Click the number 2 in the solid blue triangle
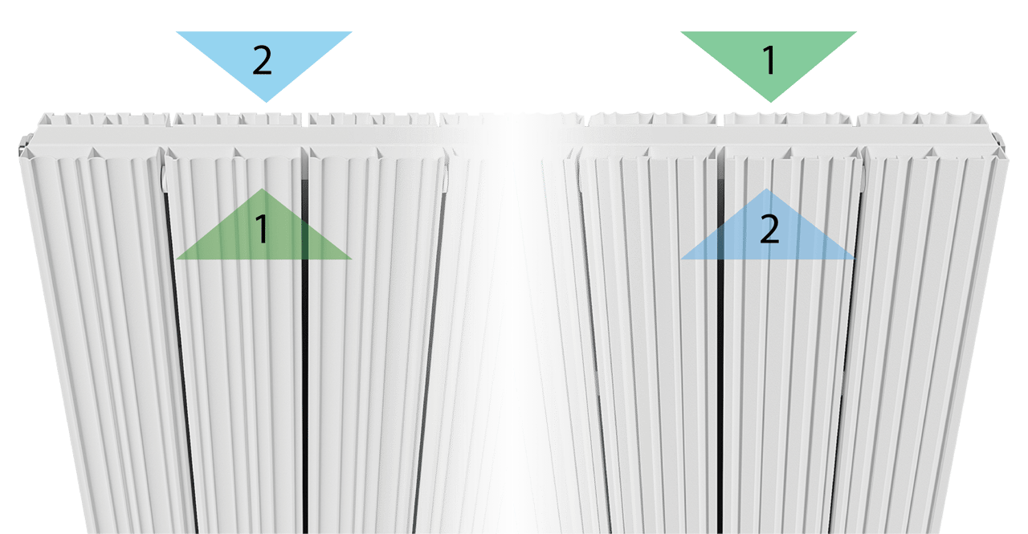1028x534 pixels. [263, 61]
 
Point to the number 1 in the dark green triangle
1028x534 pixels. [769, 61]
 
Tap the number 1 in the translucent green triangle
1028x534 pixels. [263, 230]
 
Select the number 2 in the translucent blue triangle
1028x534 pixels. [769, 230]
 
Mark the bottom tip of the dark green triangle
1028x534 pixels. [770, 101]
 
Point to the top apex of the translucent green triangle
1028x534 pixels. [262, 190]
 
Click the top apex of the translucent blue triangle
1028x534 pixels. [768, 190]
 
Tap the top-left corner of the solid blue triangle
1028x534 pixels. [177, 32]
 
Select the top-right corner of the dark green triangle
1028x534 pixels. [856, 32]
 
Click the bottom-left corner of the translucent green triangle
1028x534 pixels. [176, 259]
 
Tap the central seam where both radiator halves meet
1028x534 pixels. [510, 321]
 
